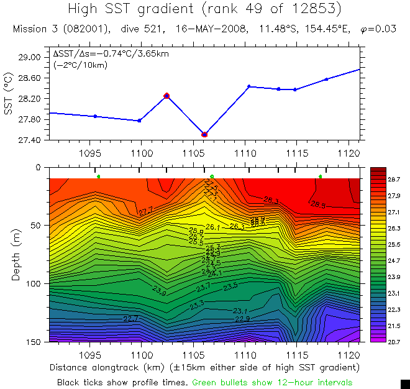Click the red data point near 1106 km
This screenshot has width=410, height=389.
click(204, 134)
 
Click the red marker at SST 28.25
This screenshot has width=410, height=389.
click(166, 96)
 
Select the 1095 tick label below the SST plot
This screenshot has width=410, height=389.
click(90, 152)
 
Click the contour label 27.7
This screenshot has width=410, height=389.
click(145, 212)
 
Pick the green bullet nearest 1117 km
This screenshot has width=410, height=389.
click(321, 177)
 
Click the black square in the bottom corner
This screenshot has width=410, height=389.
click(405, 383)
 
